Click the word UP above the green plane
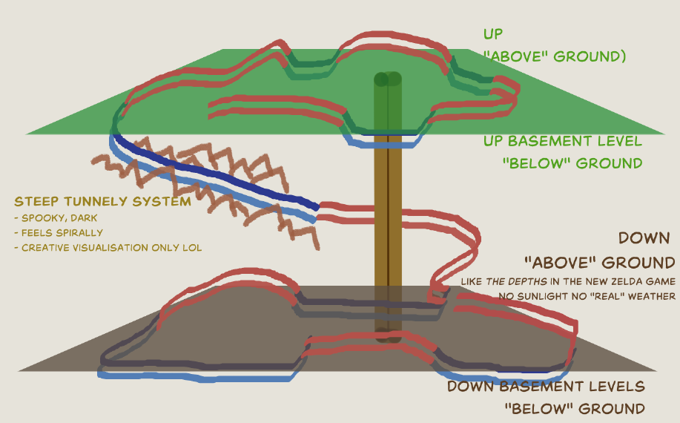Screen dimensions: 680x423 493,34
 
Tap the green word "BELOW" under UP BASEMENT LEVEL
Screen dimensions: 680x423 536,163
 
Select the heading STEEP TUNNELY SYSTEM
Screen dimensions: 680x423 103,201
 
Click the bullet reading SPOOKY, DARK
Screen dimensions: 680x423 56,217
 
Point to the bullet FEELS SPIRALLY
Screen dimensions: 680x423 58,233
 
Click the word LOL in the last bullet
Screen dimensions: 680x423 193,248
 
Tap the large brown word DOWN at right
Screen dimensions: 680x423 644,237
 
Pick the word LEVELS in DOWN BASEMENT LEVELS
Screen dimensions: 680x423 621,386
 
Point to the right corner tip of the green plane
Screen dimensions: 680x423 663,134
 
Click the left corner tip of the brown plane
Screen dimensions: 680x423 20,370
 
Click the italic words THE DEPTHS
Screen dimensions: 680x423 516,281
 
